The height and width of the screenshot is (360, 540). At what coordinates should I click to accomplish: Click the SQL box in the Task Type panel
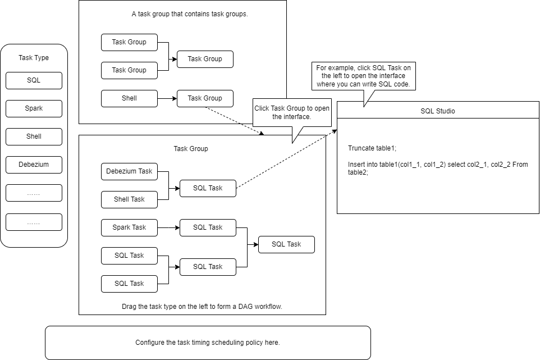click(x=34, y=80)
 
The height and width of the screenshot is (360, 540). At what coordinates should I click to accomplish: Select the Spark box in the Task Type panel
click(x=34, y=108)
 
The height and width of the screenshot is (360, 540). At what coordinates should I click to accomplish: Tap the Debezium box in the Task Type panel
click(x=34, y=165)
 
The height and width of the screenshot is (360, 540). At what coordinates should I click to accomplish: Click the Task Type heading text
click(x=34, y=58)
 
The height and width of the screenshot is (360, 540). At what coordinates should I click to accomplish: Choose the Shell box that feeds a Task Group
click(x=129, y=98)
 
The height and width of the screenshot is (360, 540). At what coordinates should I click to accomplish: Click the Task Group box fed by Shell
click(x=205, y=98)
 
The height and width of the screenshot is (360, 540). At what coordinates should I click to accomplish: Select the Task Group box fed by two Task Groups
click(x=205, y=59)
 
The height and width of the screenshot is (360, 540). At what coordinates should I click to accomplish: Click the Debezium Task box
click(x=129, y=171)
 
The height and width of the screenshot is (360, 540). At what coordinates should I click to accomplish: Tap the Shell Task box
click(x=129, y=199)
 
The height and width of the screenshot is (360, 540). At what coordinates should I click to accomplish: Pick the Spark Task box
click(x=129, y=227)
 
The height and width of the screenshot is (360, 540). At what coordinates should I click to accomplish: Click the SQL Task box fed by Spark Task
click(x=208, y=227)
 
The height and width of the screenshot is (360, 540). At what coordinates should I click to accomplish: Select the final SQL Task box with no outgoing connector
click(x=286, y=244)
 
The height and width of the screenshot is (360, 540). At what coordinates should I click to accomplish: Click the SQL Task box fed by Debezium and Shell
click(x=208, y=188)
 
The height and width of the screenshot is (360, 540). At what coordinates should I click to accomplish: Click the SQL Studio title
click(x=438, y=111)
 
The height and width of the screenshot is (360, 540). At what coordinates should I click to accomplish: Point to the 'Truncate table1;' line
click(x=372, y=148)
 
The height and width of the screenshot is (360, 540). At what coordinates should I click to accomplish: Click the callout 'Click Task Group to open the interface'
click(x=292, y=112)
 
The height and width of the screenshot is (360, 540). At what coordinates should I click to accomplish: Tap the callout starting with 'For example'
click(x=363, y=76)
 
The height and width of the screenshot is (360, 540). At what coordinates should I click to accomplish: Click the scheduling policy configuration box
click(x=208, y=343)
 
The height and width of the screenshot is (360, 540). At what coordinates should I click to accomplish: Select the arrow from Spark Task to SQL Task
click(x=168, y=227)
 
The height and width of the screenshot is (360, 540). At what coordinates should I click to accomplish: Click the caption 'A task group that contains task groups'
click(x=190, y=15)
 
